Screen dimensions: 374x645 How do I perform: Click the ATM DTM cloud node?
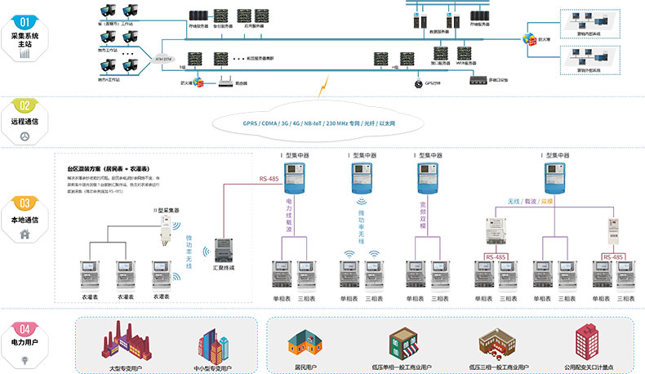coord(163,60)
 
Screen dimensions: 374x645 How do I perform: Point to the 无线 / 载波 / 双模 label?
coord(530,200)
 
